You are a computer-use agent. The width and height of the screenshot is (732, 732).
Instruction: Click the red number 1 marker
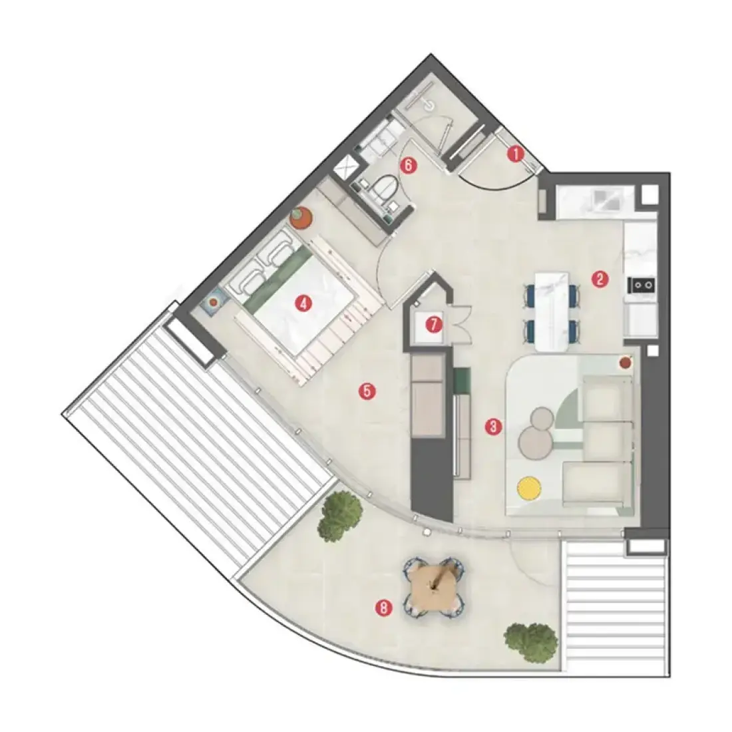click(516, 154)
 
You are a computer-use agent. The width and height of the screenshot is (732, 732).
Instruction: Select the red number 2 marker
click(600, 279)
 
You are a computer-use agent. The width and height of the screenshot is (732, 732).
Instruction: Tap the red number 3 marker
click(494, 426)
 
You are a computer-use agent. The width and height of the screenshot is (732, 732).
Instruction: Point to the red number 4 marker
click(303, 304)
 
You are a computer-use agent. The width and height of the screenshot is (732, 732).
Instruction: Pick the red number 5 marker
click(367, 391)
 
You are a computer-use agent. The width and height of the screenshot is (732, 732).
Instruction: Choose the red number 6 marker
click(409, 165)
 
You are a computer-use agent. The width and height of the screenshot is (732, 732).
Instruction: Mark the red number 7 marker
click(434, 325)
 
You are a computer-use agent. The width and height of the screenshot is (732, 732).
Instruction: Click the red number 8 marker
click(384, 608)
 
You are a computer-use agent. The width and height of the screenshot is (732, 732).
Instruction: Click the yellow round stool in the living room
click(529, 488)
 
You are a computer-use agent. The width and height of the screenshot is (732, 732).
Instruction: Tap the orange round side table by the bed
click(301, 218)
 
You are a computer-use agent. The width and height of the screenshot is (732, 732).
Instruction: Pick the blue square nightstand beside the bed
click(214, 302)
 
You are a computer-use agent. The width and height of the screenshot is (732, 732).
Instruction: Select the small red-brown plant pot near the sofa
click(626, 362)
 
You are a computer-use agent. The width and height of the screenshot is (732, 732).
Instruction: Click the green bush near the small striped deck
click(531, 642)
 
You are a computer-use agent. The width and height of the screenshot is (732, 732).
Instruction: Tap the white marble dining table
click(552, 311)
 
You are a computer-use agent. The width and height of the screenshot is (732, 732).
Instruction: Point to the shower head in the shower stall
click(429, 106)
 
